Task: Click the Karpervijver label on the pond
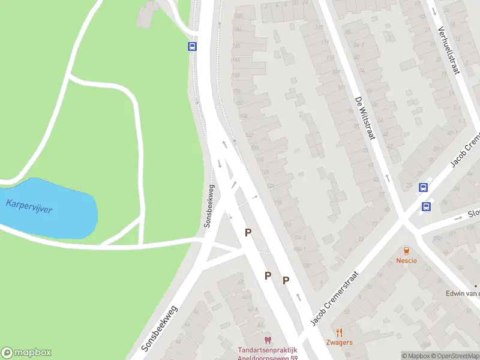coord(29,206)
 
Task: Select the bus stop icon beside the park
coord(193,46)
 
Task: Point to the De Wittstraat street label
coord(364,118)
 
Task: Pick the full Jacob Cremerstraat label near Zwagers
coord(334,298)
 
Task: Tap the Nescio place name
coord(406,260)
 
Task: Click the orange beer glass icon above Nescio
coord(406,250)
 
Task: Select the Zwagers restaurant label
coord(340,343)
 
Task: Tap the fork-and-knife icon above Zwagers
coord(340,332)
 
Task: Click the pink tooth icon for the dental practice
coord(268,340)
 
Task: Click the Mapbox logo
coord(26,353)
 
